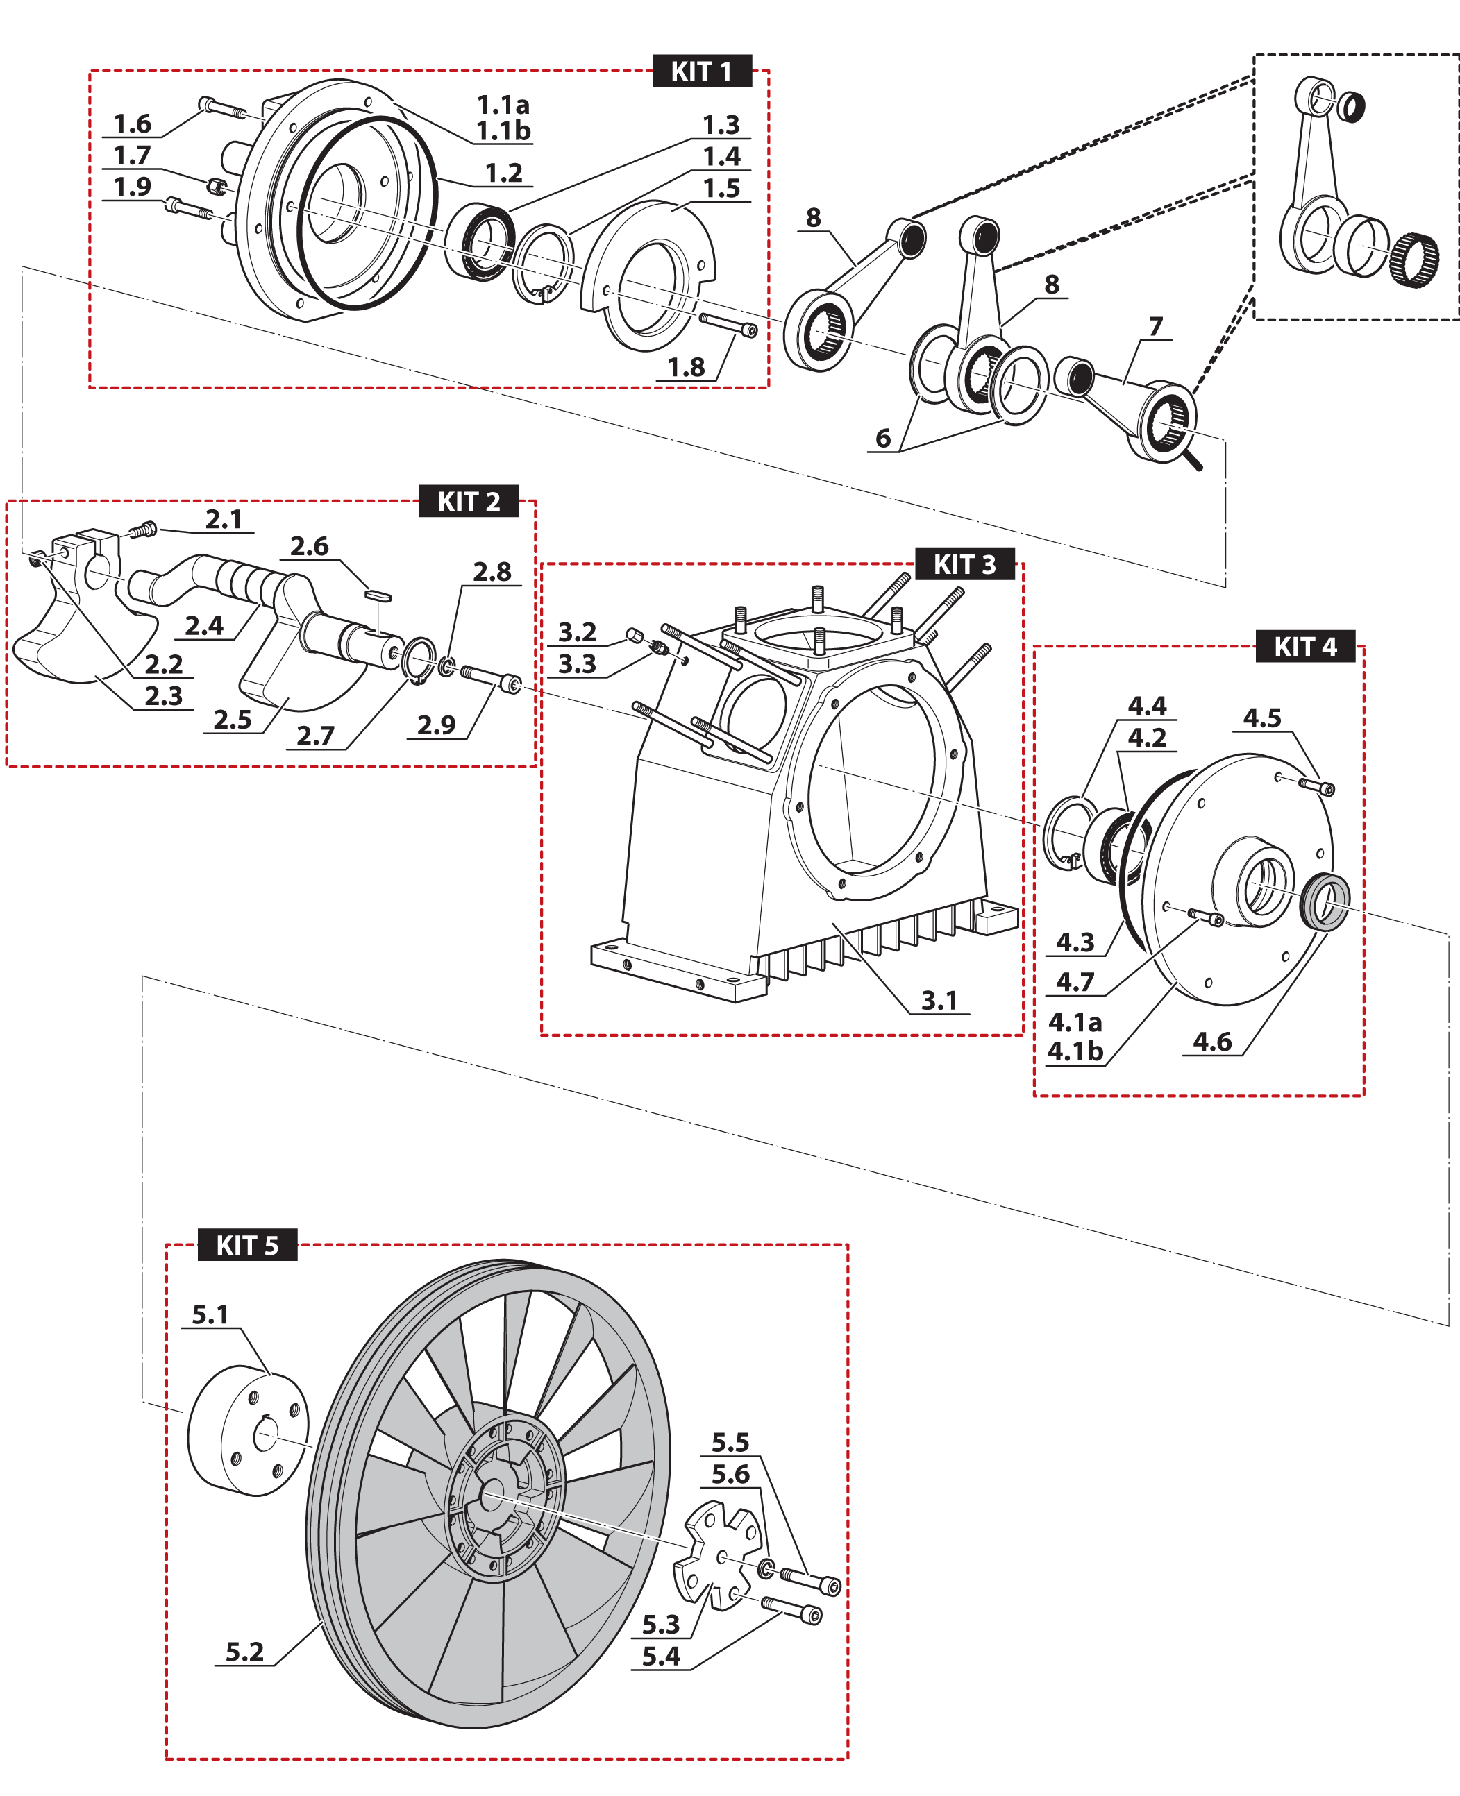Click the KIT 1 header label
click(701, 71)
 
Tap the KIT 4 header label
click(1304, 647)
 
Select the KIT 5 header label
click(247, 1244)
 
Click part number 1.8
click(685, 366)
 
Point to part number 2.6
click(309, 547)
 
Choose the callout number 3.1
click(939, 1001)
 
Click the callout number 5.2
click(244, 1652)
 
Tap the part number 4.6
click(1212, 1042)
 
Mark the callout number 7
click(1155, 326)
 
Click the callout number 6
click(882, 437)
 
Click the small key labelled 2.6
click(378, 595)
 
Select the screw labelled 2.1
click(144, 530)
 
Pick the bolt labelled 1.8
click(728, 325)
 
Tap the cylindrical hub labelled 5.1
click(247, 1430)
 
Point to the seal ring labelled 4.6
click(1325, 902)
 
